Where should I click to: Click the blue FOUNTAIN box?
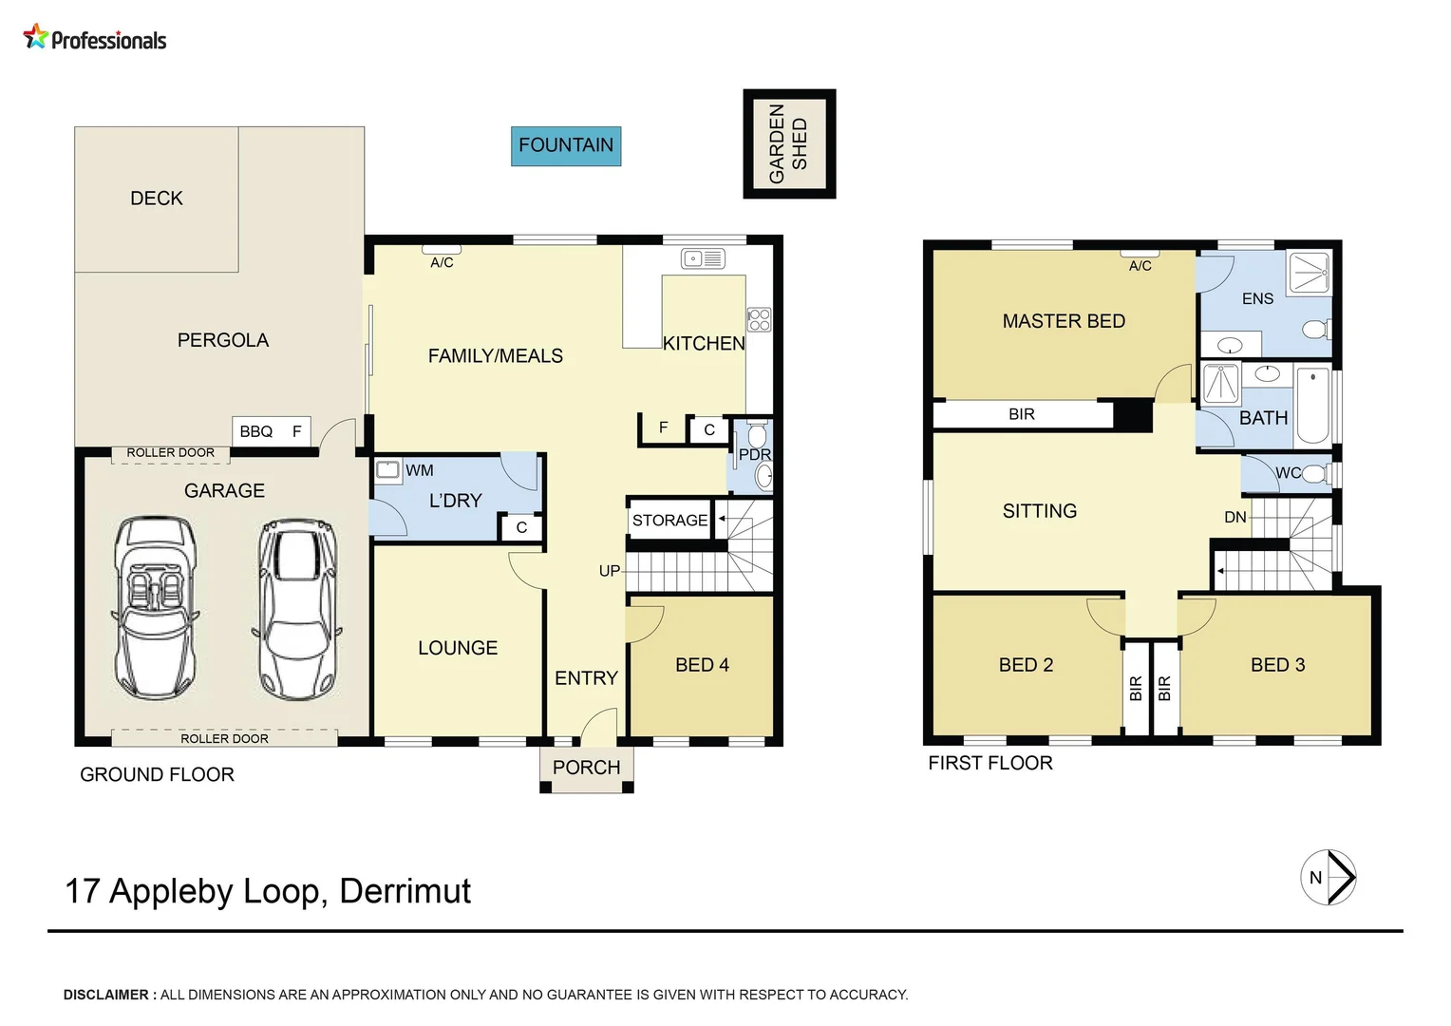(x=566, y=146)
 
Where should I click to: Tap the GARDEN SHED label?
(x=788, y=143)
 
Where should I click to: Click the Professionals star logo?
(x=36, y=36)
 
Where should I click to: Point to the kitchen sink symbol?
(x=703, y=258)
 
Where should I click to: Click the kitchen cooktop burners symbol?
(x=759, y=319)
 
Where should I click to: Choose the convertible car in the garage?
(x=155, y=607)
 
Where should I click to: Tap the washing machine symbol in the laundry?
(x=387, y=468)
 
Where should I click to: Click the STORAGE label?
(x=669, y=520)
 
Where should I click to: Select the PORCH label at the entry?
(x=586, y=768)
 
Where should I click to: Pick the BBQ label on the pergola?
(x=255, y=431)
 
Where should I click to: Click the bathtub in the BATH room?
(x=1313, y=405)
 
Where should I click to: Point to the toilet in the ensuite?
(x=1315, y=330)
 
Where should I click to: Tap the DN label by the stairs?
(x=1234, y=517)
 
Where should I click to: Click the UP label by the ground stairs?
(x=610, y=571)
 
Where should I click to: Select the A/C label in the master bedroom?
(x=1140, y=266)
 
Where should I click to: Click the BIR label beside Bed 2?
(x=1136, y=689)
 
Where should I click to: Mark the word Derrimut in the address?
(x=405, y=891)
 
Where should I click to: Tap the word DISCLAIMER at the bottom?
(x=106, y=995)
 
